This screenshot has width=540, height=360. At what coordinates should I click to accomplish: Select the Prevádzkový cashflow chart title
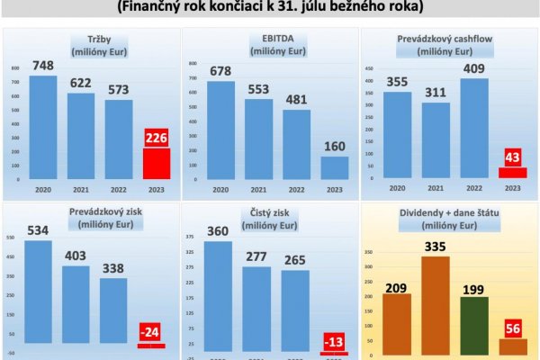pos(446,46)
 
